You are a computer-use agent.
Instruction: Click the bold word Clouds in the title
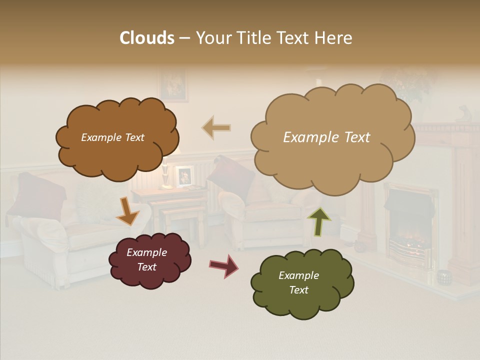146,38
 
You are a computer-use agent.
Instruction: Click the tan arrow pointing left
216,128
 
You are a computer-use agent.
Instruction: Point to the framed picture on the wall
173,85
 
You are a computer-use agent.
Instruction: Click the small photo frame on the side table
184,175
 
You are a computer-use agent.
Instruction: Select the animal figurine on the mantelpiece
464,114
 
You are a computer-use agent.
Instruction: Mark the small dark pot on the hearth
443,276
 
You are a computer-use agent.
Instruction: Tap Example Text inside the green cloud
298,282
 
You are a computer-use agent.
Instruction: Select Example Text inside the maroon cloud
146,259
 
